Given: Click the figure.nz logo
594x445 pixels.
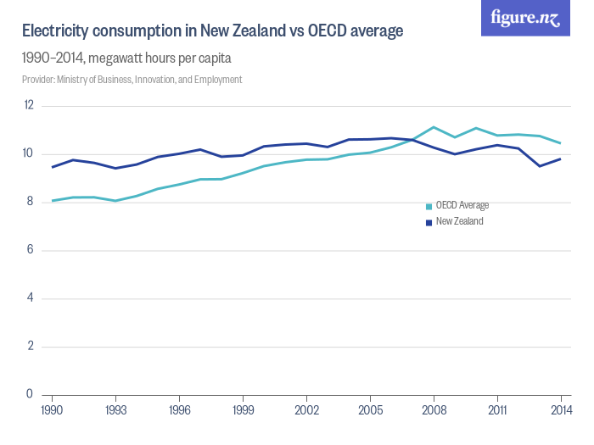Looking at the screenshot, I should [x=525, y=18].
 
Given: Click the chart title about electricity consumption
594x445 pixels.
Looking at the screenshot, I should [x=212, y=32].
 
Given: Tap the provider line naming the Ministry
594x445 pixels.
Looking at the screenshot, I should [x=132, y=80].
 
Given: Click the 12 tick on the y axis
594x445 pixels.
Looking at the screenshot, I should [x=29, y=105].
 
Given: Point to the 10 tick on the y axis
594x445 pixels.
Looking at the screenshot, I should [x=29, y=153].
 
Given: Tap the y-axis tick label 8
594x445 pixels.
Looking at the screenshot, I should [x=29, y=202].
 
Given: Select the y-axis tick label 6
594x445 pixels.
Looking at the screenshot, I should [x=29, y=250].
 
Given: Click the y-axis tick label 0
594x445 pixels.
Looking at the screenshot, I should [x=29, y=394].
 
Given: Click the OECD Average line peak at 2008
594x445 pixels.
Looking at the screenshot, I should [x=434, y=127].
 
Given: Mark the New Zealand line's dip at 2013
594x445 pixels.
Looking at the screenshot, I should [x=540, y=166].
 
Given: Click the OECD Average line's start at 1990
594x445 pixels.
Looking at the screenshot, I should [x=53, y=201].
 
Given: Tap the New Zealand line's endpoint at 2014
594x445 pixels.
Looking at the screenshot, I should [x=561, y=159].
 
